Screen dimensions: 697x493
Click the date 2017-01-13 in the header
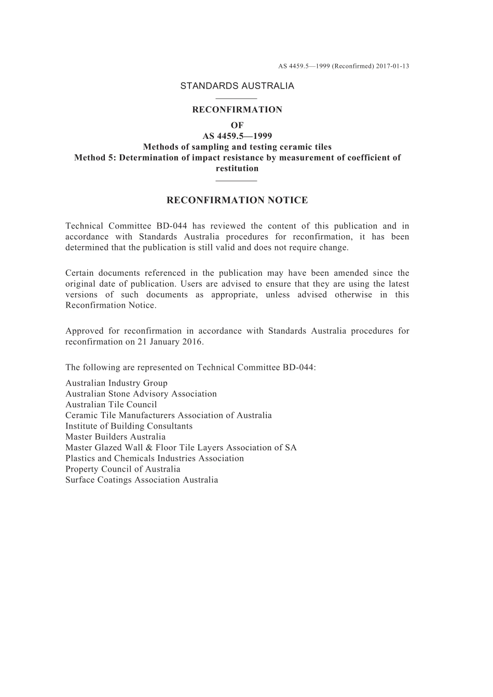393,66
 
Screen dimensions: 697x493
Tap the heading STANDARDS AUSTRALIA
237,86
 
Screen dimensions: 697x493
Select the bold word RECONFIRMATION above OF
237,110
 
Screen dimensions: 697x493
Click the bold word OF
237,125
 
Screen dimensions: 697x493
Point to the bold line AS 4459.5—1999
237,136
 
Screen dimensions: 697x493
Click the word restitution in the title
237,168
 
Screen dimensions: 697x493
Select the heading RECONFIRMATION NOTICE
237,200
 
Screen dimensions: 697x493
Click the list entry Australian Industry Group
116,383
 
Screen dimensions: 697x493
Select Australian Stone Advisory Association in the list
141,394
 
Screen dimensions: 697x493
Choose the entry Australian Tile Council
111,405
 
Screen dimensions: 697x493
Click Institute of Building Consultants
129,426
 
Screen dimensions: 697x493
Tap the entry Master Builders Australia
115,437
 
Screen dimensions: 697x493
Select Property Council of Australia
123,469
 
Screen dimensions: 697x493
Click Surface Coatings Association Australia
142,480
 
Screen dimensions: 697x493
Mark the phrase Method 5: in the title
95,158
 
